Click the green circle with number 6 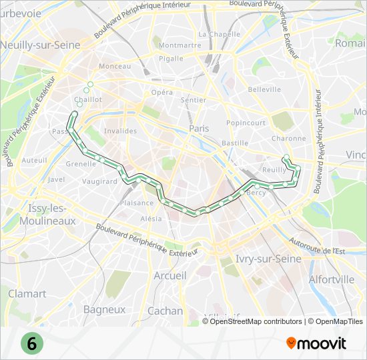click(31, 343)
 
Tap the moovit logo click(316, 343)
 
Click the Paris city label click(199, 128)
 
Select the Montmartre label click(180, 46)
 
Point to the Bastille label click(235, 143)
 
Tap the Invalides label click(120, 131)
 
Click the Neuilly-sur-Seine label click(40, 45)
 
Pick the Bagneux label click(104, 309)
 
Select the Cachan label click(165, 311)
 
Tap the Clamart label click(27, 293)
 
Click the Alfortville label click(332, 279)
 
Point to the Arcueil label click(169, 275)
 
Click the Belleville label click(264, 89)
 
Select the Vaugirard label click(100, 181)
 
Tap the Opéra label click(162, 93)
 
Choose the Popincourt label click(246, 123)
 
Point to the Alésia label click(151, 219)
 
